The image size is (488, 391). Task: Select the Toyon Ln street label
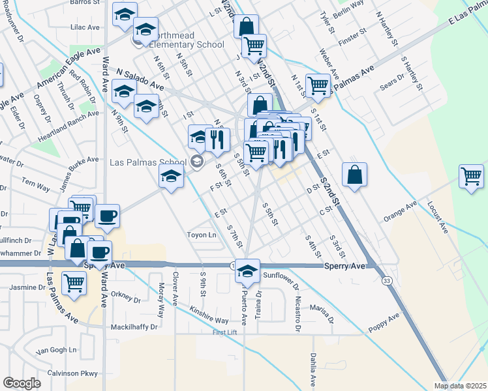(x=201, y=235)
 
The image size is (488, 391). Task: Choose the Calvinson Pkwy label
(x=72, y=373)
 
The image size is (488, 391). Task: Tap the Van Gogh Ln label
(x=55, y=351)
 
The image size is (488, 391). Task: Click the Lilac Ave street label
(x=85, y=27)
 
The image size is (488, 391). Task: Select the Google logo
(x=22, y=383)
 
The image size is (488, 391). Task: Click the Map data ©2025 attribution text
(x=461, y=386)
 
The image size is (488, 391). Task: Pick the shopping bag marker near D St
(x=354, y=175)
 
